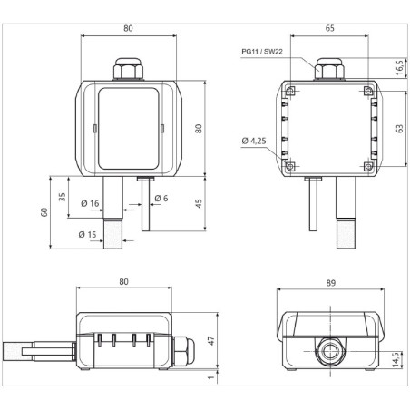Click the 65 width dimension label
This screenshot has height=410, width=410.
[x=328, y=28]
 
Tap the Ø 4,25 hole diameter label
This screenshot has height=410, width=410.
[x=254, y=141]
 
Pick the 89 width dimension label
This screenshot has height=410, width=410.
[x=329, y=283]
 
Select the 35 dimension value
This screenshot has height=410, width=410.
[x=62, y=197]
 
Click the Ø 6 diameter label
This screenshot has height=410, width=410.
[x=161, y=198]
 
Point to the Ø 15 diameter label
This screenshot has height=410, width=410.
[x=88, y=235]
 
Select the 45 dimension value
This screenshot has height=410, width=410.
[x=199, y=202]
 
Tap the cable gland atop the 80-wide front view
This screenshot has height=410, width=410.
[x=126, y=69]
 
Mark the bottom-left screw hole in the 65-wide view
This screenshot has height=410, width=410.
[x=291, y=167]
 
